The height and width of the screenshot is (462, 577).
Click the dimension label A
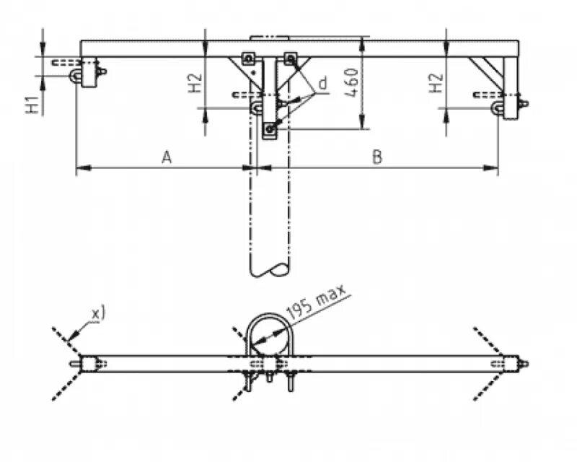pos(167,157)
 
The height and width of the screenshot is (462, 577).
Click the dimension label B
pos(376,157)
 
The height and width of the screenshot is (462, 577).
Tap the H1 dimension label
pos(32,105)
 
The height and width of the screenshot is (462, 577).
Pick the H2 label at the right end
pos(436,84)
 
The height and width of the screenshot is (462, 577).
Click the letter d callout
pos(322,84)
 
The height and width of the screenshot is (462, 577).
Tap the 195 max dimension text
pos(317,301)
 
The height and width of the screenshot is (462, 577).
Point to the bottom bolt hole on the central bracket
pos(270,129)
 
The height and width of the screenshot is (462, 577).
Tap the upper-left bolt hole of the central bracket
pos(248,58)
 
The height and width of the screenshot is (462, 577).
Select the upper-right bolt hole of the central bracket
pos(291,58)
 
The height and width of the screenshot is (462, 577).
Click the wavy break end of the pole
pos(270,270)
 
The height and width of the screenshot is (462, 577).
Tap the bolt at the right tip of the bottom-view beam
pos(524,363)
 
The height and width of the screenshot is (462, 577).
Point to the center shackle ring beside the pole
pos(257,108)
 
